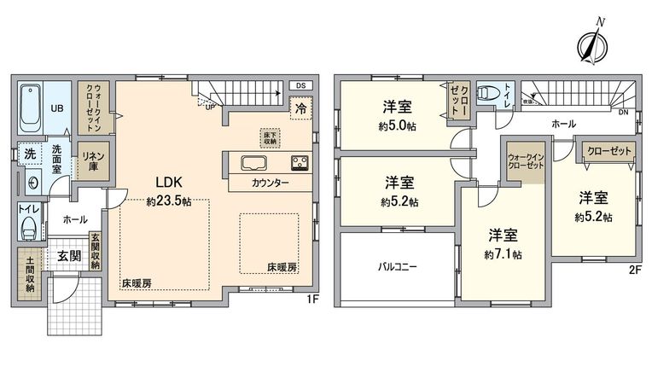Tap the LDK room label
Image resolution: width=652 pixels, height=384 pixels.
tap(166, 182)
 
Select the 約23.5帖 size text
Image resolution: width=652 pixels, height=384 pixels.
tap(168, 202)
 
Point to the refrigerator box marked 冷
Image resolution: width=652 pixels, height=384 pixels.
tap(300, 108)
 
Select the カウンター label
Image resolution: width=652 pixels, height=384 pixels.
tap(270, 183)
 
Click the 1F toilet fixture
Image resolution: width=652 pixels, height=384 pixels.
tap(29, 227)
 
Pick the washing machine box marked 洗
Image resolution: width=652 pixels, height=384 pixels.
tap(29, 155)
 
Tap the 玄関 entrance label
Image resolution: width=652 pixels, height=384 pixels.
tap(70, 254)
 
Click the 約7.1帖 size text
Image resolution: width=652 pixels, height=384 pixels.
tap(504, 255)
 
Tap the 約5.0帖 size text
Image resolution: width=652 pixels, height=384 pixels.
tap(398, 126)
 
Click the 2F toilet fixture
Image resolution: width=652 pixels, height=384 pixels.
tap(487, 94)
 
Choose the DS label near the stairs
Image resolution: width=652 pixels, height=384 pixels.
tap(300, 85)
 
